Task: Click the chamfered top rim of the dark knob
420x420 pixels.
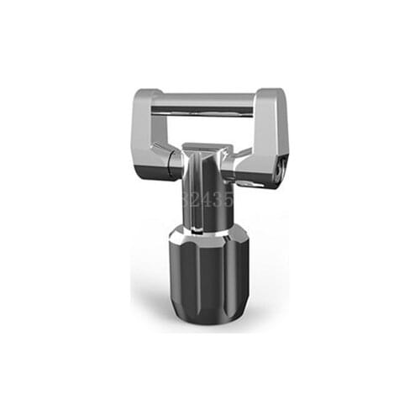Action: (x=210, y=229)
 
